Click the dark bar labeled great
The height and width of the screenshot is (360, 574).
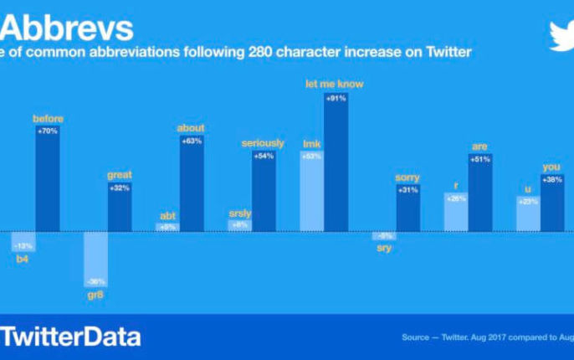pos(120,208)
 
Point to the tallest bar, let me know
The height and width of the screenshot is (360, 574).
pos(336,163)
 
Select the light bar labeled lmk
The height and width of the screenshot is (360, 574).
pos(312,192)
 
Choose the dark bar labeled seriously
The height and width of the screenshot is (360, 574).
pos(264,192)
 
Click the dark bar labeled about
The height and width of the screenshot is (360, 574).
pos(192,184)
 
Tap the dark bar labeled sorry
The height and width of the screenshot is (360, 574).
pos(407,208)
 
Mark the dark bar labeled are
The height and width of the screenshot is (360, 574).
pos(480,193)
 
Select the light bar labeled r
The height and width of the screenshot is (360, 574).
pos(456,213)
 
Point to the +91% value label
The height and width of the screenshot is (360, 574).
pos(336,99)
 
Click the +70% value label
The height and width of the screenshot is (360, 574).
pos(48,131)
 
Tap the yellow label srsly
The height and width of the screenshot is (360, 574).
pos(239,213)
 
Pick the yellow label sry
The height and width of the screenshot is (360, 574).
pos(384,248)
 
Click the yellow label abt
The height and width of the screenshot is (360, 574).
pos(167,215)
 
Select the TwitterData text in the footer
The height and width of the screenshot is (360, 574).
pos(71,337)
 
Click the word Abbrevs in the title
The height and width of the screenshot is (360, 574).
pos(66,28)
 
